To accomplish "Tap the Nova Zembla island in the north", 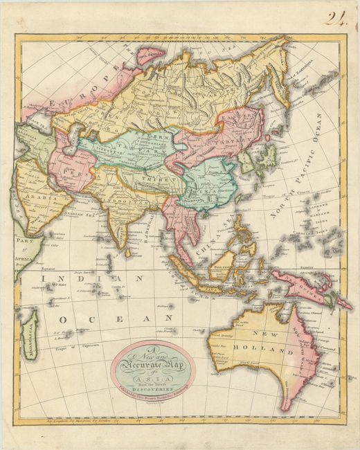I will [x=146, y=56].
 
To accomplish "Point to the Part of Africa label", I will [x=24, y=248].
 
